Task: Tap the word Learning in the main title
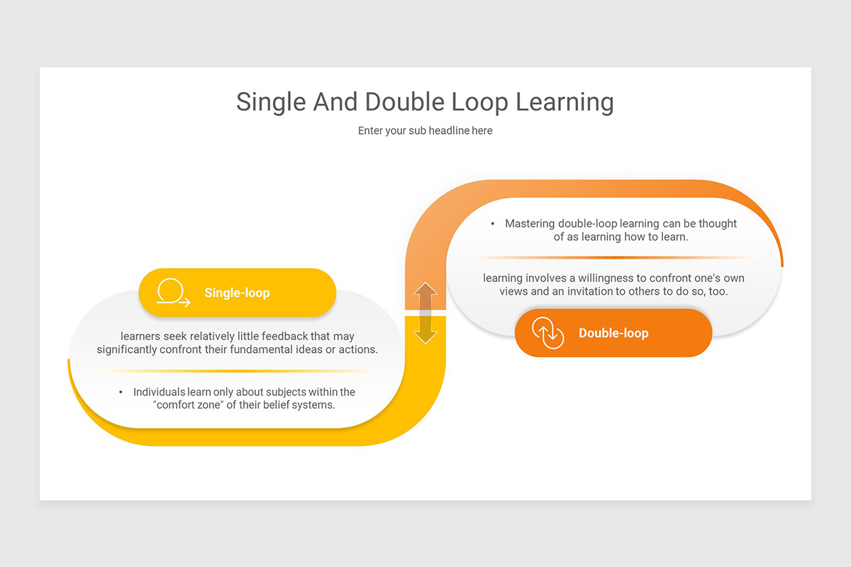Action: pyautogui.click(x=564, y=102)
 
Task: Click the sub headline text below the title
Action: pyautogui.click(x=425, y=130)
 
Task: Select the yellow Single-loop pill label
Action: pyautogui.click(x=237, y=292)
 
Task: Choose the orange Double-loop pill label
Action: pyautogui.click(x=613, y=333)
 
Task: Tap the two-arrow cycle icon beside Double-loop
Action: pyautogui.click(x=547, y=333)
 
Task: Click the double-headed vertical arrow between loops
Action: pyautogui.click(x=425, y=313)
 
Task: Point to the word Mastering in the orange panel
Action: pyautogui.click(x=530, y=223)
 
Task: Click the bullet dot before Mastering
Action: pyautogui.click(x=493, y=223)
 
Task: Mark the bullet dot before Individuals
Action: pyautogui.click(x=121, y=392)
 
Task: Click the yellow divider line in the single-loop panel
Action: pyautogui.click(x=238, y=371)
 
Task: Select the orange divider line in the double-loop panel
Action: pyautogui.click(x=613, y=257)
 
